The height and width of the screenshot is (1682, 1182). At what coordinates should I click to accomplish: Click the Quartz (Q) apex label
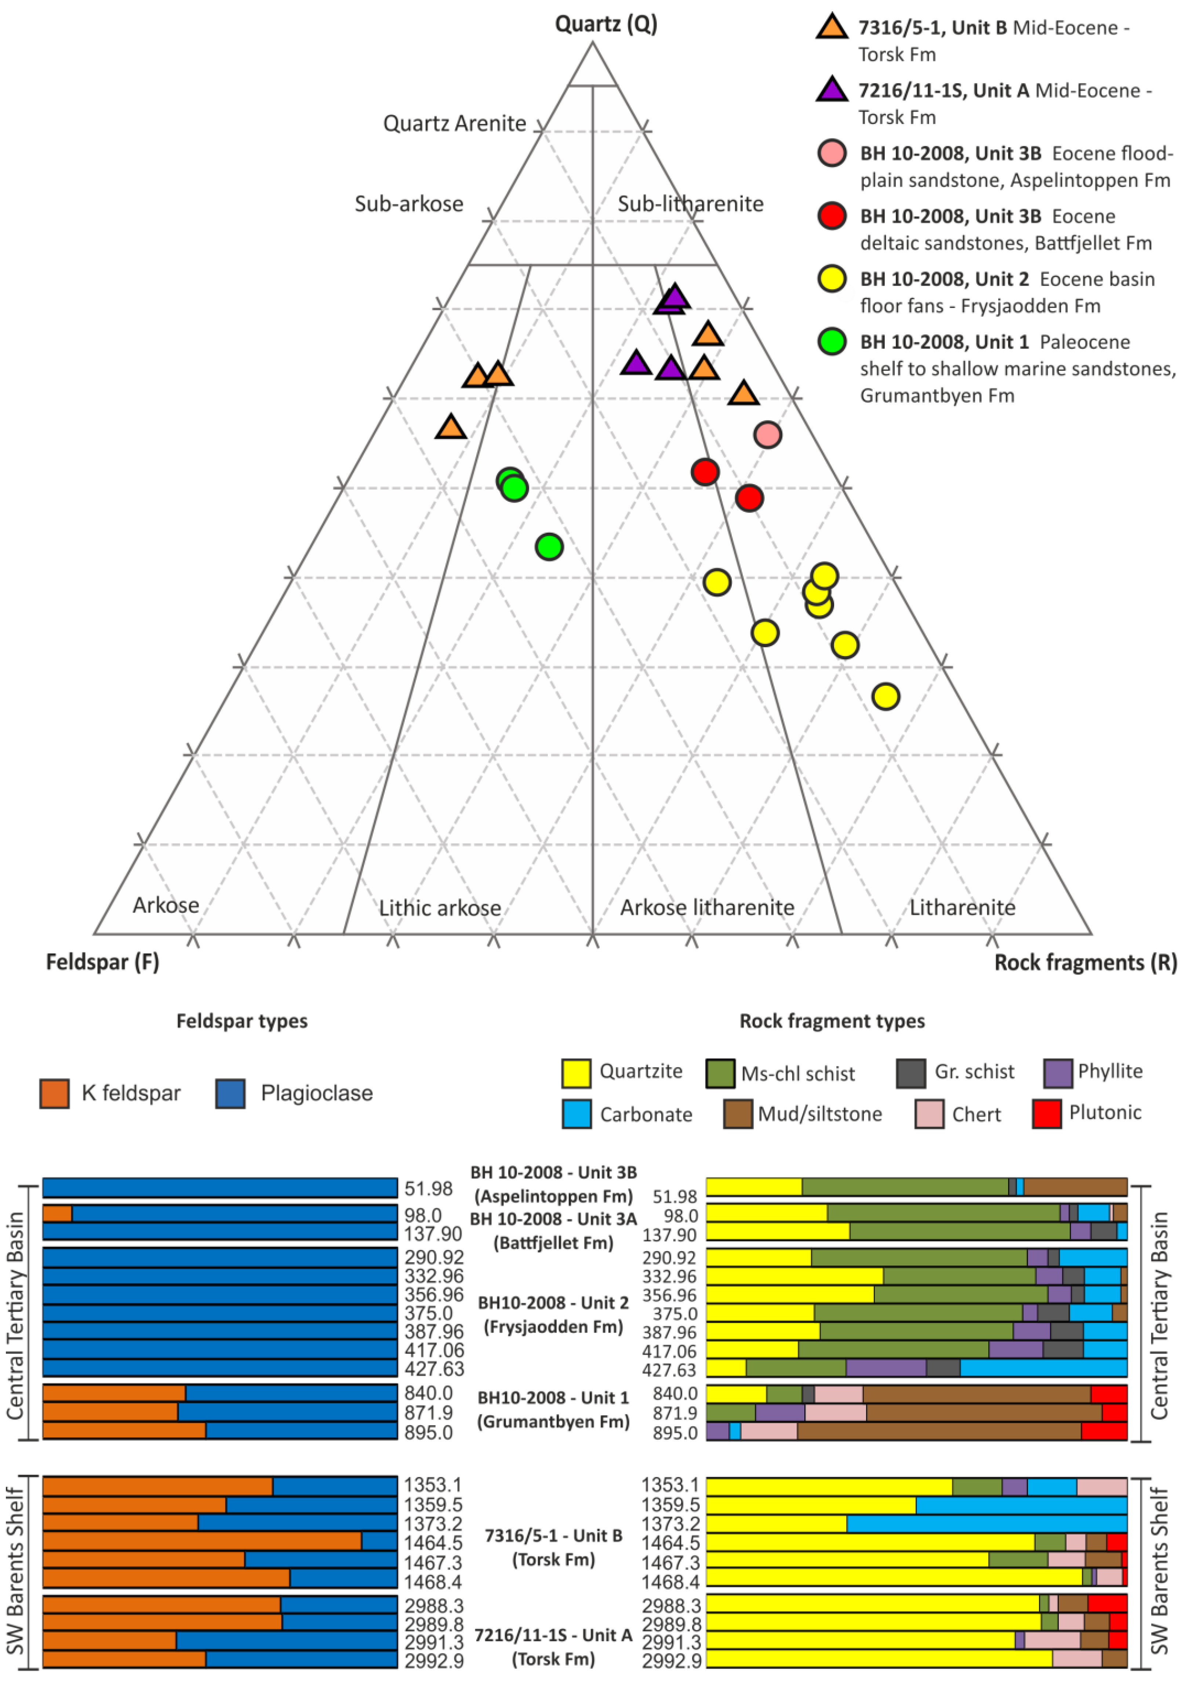pos(605,24)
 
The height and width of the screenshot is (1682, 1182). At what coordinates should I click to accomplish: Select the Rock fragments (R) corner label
pos(1085,962)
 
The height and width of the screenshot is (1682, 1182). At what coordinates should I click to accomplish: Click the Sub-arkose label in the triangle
pos(409,204)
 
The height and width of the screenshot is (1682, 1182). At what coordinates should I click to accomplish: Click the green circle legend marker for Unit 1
pos(832,341)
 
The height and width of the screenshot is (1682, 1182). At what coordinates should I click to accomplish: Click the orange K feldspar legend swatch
pos(54,1094)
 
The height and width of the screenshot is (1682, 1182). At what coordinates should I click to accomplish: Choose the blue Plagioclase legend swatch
pos(230,1094)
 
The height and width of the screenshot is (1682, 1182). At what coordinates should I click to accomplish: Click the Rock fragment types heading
pos(832,1021)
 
